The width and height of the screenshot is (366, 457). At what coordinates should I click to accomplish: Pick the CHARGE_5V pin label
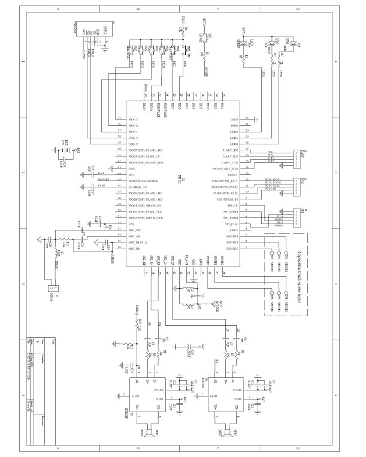[x=138, y=187]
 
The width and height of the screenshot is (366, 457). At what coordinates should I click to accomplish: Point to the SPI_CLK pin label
[x=231, y=223]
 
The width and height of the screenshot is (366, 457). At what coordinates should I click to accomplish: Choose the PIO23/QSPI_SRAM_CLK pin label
[x=149, y=217]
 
